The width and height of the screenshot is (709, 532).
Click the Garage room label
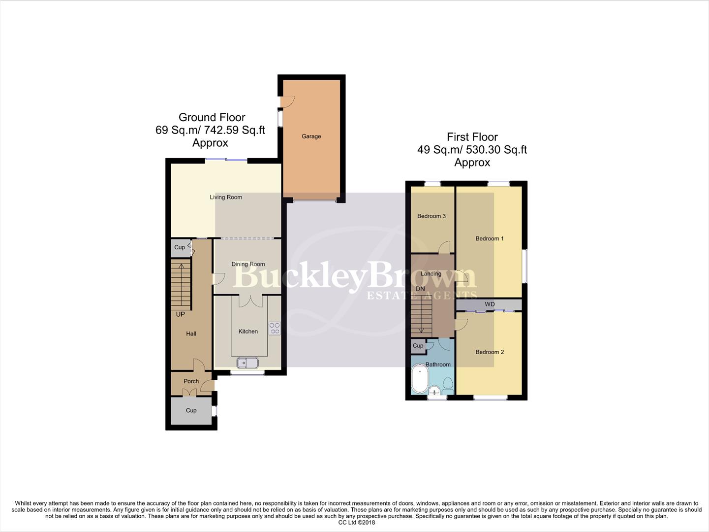[x=311, y=136]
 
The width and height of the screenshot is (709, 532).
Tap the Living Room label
[x=226, y=197]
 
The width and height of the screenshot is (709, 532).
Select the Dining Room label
[x=248, y=264]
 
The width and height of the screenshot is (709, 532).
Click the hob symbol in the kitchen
[x=274, y=328]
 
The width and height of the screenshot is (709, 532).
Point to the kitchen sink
[x=247, y=363]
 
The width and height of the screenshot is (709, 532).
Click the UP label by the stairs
[x=181, y=314]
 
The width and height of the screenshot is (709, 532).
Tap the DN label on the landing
[x=420, y=289]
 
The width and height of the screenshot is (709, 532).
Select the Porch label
[x=191, y=381]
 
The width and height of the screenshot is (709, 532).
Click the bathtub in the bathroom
[x=420, y=379]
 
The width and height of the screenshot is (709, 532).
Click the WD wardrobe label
[x=490, y=304]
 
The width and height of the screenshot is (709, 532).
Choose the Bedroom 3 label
[x=432, y=216]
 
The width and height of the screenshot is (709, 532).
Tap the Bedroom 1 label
[x=490, y=239]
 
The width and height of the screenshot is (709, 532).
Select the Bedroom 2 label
[x=490, y=352]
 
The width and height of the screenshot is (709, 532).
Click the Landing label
[x=431, y=274]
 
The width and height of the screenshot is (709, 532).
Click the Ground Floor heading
[x=212, y=117]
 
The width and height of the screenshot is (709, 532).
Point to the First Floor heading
[x=472, y=137]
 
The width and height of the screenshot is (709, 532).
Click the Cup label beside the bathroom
[x=418, y=346]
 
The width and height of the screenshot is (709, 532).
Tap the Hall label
[x=191, y=334]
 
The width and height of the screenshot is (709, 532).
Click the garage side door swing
[x=288, y=101]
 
